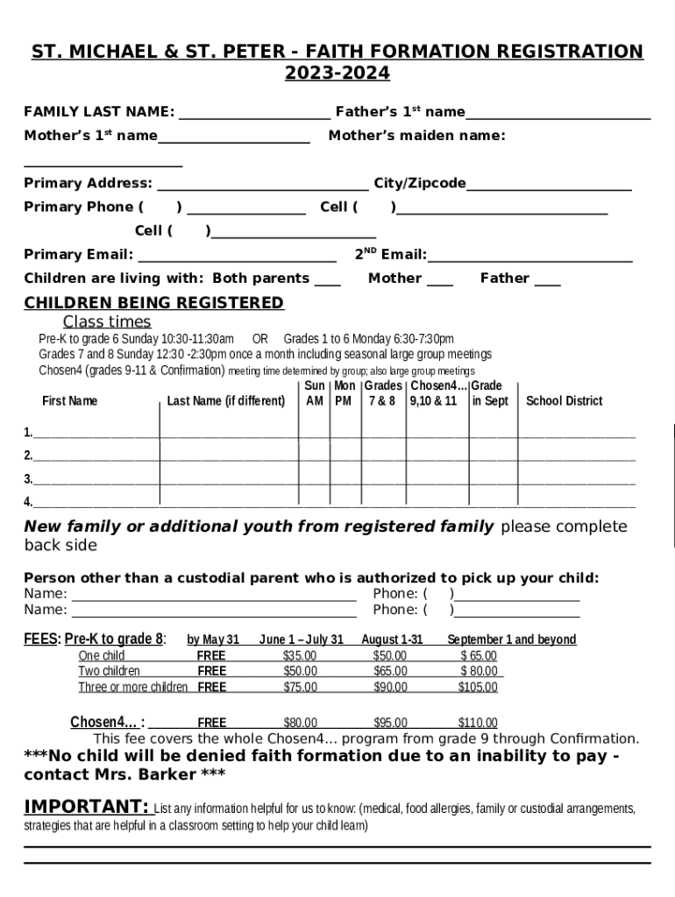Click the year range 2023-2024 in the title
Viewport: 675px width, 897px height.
(x=337, y=74)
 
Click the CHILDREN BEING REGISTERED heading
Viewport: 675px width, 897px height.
(x=153, y=303)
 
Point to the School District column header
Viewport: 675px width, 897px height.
(x=564, y=401)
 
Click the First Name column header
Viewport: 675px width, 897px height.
(x=70, y=401)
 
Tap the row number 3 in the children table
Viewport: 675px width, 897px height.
(x=28, y=479)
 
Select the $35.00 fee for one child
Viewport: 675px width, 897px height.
(x=300, y=655)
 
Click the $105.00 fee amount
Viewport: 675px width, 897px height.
(x=478, y=687)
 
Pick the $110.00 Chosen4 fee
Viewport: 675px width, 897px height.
(x=478, y=723)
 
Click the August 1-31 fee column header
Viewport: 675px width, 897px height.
(x=392, y=639)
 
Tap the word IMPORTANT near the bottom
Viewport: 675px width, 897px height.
(x=85, y=806)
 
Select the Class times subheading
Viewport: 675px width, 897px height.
(x=107, y=321)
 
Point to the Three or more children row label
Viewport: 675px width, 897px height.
(x=132, y=687)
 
